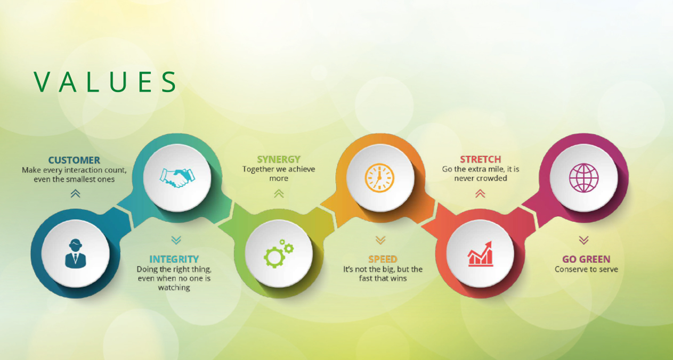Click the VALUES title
[x=105, y=81]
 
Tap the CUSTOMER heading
[x=74, y=160]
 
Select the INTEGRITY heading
[x=174, y=259]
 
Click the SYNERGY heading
[x=279, y=159]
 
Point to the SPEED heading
[x=383, y=259]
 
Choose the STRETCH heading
[x=481, y=159]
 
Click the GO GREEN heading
[x=586, y=259]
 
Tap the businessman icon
[x=76, y=253]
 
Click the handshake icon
[x=177, y=178]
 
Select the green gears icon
[x=279, y=253]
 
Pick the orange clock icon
[x=379, y=178]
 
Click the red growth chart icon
[x=480, y=254]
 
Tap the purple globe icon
[x=584, y=178]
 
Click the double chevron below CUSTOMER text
[x=76, y=193]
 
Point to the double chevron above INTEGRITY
[x=176, y=240]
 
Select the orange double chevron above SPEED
[x=380, y=240]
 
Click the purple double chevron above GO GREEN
[x=584, y=240]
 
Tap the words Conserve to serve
[x=586, y=269]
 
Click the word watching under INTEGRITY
[x=174, y=288]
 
